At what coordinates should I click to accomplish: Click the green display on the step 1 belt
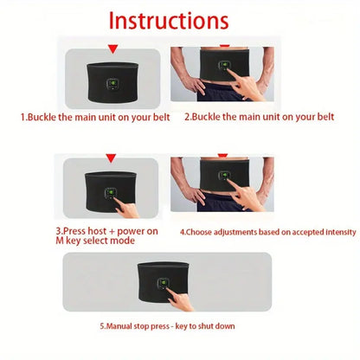tap(112, 85)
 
